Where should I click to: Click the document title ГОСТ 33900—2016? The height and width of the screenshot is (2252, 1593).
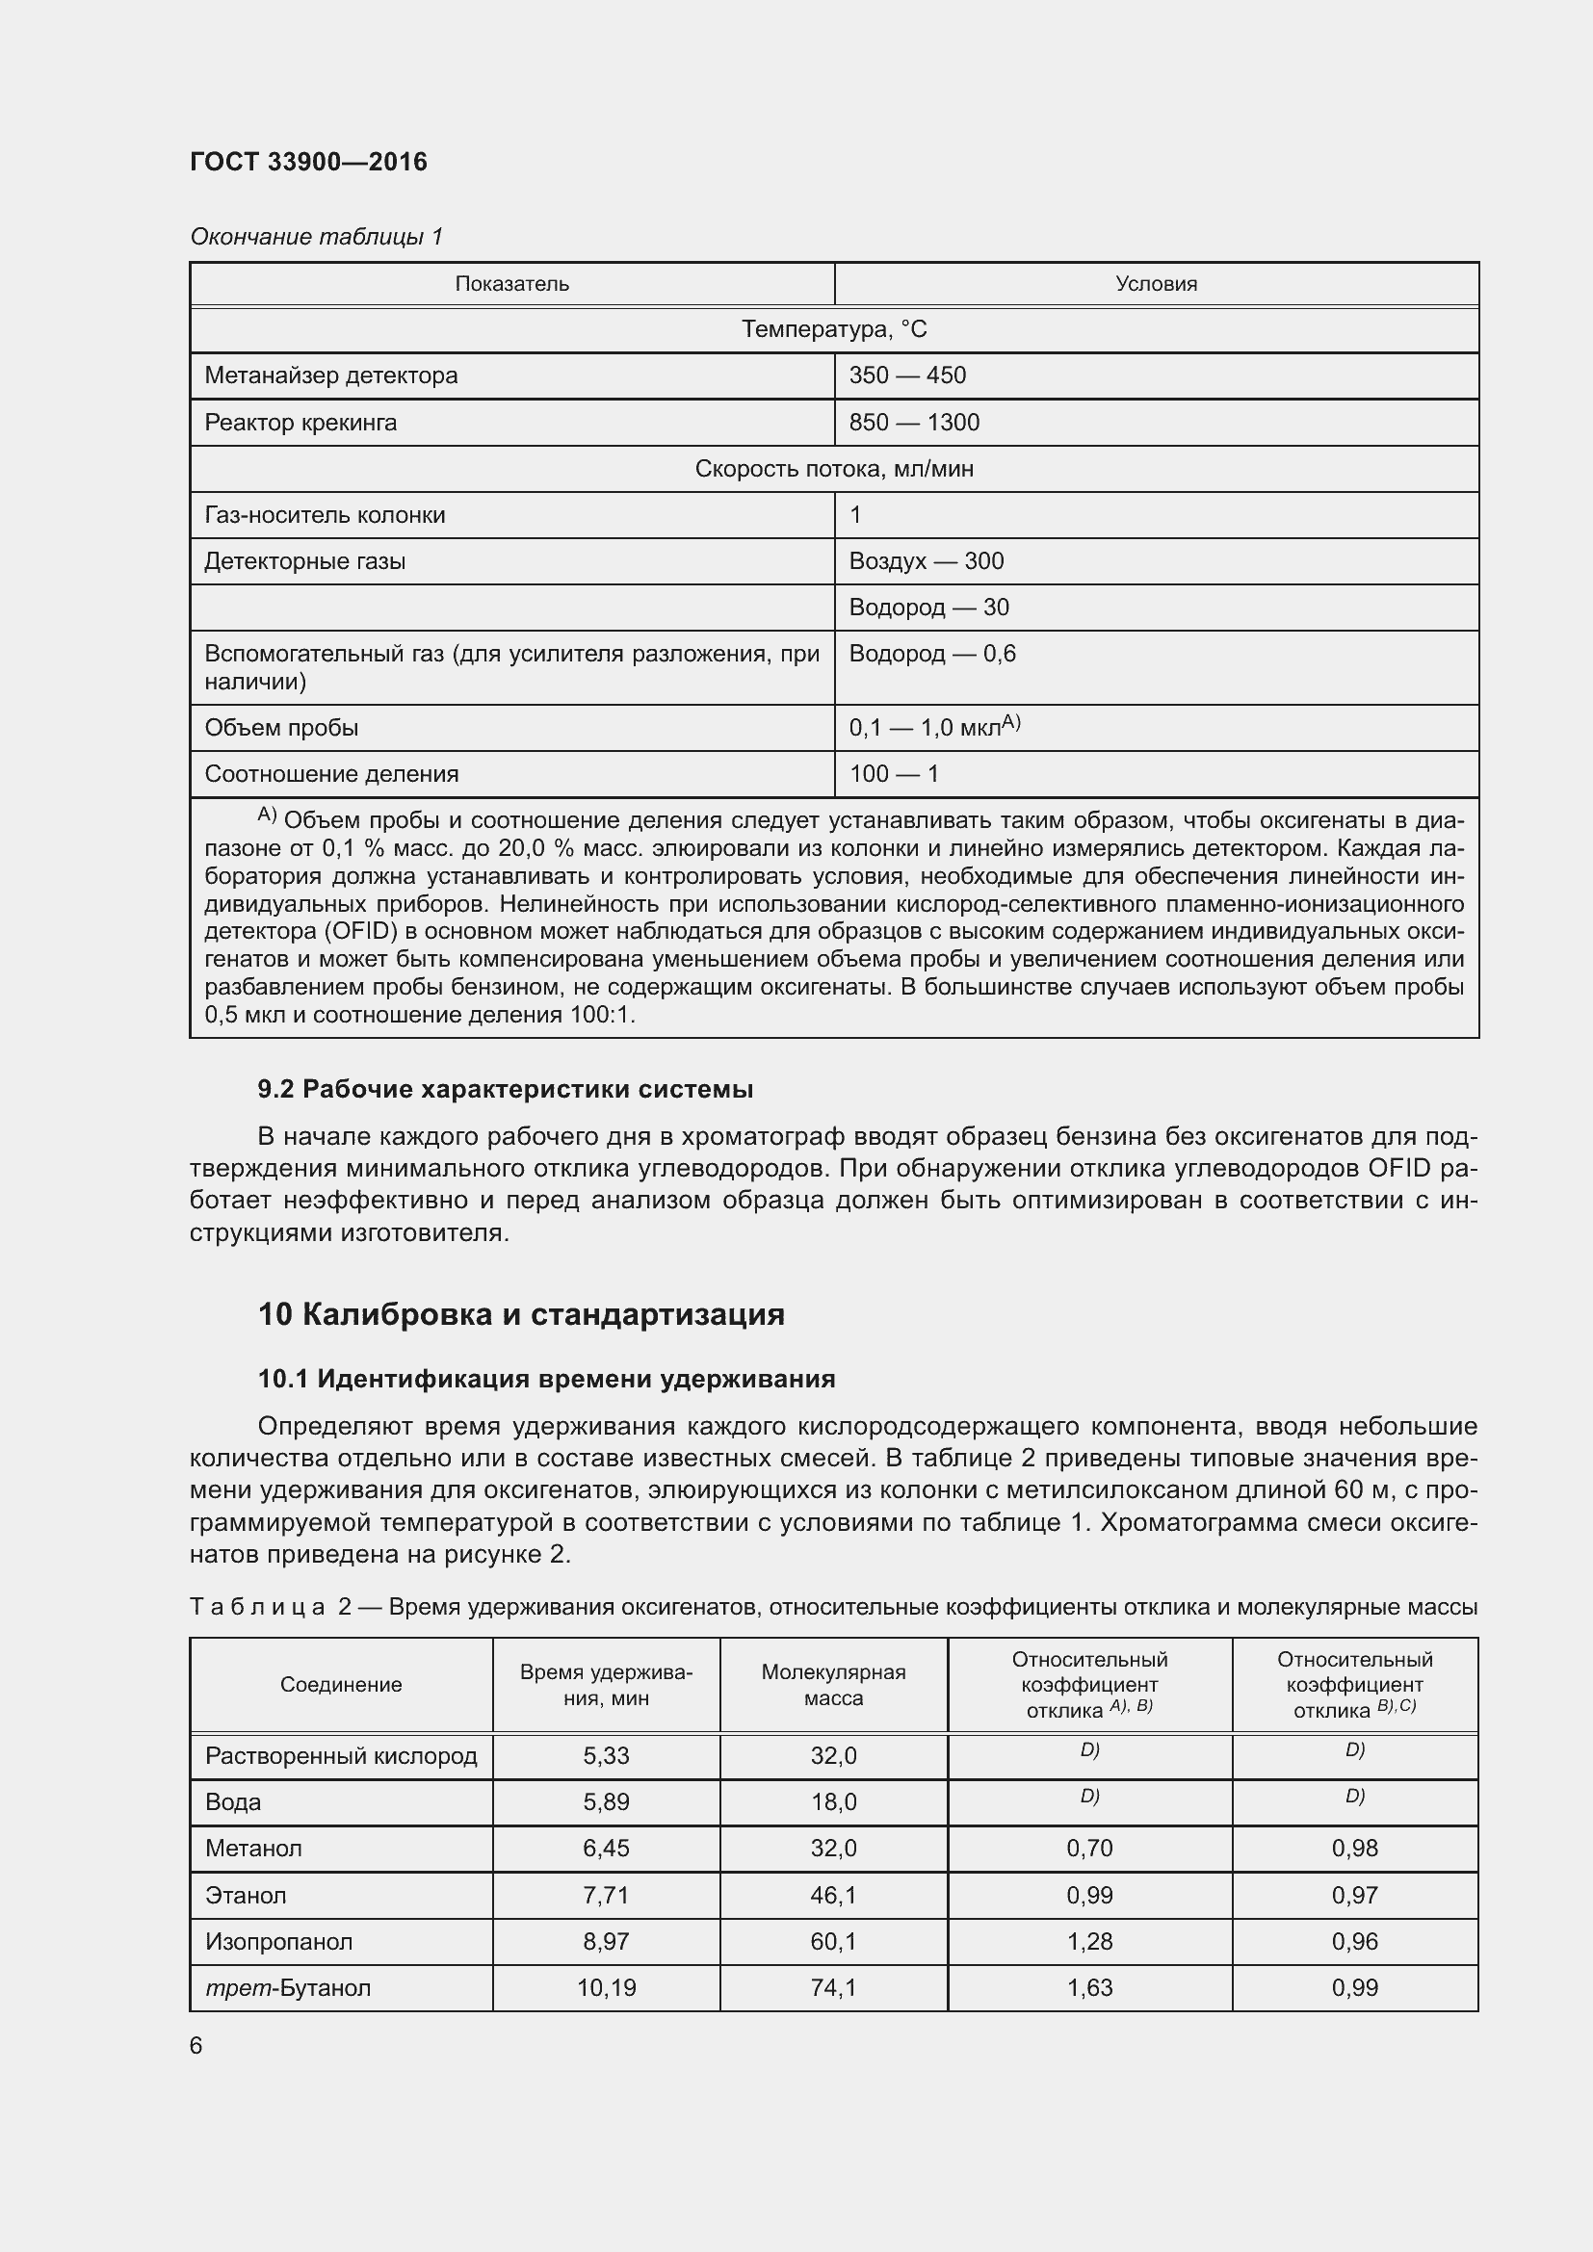pyautogui.click(x=308, y=162)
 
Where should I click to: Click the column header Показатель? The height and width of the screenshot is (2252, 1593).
pyautogui.click(x=511, y=284)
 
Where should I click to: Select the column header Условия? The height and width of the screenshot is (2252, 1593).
pyautogui.click(x=1156, y=284)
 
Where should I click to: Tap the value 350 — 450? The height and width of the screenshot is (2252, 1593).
pyautogui.click(x=907, y=375)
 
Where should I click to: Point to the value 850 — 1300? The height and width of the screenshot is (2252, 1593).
pyautogui.click(x=914, y=423)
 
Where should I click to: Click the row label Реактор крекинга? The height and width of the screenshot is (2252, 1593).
pyautogui.click(x=300, y=423)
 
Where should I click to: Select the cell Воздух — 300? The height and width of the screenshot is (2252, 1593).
pyautogui.click(x=926, y=561)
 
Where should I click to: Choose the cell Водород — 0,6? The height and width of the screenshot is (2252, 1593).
pyautogui.click(x=932, y=653)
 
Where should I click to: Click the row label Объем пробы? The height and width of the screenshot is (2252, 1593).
pyautogui.click(x=280, y=728)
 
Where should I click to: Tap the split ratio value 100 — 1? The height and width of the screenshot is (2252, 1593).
pyautogui.click(x=894, y=774)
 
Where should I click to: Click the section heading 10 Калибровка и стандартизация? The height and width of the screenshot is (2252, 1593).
pyautogui.click(x=521, y=1314)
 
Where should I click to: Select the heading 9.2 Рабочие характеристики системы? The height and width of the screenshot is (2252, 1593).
pyautogui.click(x=506, y=1089)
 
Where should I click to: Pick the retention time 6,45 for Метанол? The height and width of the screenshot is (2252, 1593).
pyautogui.click(x=605, y=1848)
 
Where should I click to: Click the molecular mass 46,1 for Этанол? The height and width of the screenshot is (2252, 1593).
pyautogui.click(x=833, y=1895)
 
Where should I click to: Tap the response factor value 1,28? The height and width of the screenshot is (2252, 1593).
pyautogui.click(x=1089, y=1941)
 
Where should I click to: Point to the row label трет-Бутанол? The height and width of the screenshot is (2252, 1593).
pyautogui.click(x=287, y=1988)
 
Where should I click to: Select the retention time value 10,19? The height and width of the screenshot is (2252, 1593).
pyautogui.click(x=605, y=1988)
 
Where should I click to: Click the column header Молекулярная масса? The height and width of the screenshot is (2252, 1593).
pyautogui.click(x=833, y=1685)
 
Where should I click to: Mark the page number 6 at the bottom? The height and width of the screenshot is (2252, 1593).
pyautogui.click(x=196, y=2046)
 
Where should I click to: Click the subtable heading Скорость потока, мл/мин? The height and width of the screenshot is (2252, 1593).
pyautogui.click(x=833, y=469)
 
